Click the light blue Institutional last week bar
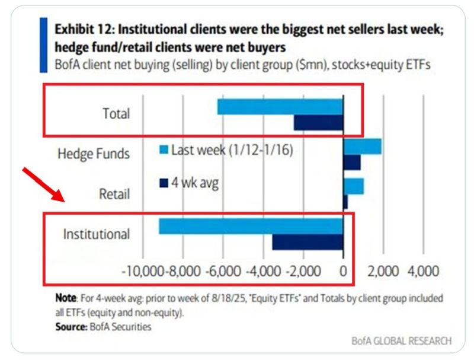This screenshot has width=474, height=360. point(251,226)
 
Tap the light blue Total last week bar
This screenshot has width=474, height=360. point(280,107)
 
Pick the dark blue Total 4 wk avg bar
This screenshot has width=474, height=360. point(318,122)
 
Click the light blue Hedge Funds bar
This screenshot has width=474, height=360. point(363,146)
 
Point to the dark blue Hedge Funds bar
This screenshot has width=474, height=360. point(352,162)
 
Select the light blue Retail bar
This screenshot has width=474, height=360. point(354,186)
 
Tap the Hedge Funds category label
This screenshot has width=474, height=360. point(93,154)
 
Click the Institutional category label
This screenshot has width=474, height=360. point(96,234)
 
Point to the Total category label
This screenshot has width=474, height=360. point(116,114)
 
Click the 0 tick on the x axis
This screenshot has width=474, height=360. point(343,272)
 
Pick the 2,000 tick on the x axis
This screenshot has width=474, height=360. point(383,272)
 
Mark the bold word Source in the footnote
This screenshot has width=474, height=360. point(69,327)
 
